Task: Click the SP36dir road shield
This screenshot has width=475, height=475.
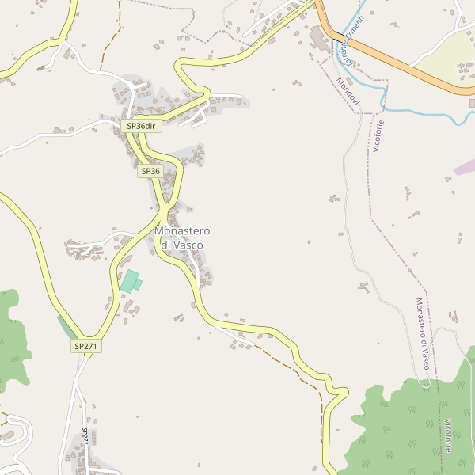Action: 142,126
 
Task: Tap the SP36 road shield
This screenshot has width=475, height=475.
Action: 150,171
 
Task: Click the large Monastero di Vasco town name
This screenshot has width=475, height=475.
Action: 182,237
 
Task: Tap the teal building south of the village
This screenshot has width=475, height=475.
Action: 129,281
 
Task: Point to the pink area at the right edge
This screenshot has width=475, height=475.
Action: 465,167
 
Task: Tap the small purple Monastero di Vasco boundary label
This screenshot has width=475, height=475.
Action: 422,332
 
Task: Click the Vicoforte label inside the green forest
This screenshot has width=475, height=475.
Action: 449,435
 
